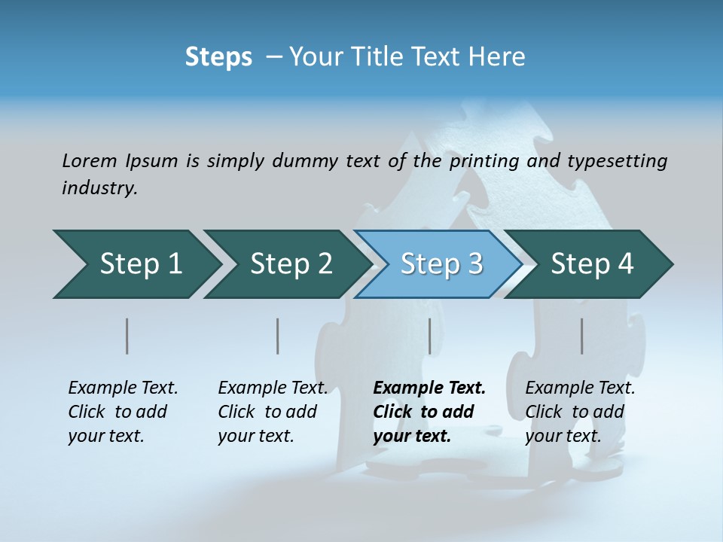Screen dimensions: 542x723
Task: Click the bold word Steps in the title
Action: [x=218, y=57]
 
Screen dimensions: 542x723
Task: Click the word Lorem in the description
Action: [x=89, y=160]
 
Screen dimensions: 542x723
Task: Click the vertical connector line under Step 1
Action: [x=127, y=336]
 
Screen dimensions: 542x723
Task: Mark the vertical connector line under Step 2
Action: [x=278, y=336]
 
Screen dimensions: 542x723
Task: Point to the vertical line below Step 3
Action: [x=429, y=336]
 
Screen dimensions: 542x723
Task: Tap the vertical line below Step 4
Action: [x=581, y=336]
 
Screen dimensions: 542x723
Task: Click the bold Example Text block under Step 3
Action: [x=429, y=412]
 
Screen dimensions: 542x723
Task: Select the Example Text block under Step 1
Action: [x=123, y=412]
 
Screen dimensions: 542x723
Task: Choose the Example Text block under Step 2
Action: [x=273, y=412]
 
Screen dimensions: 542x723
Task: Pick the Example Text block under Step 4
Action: [x=580, y=412]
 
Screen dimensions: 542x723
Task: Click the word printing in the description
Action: [x=483, y=160]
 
